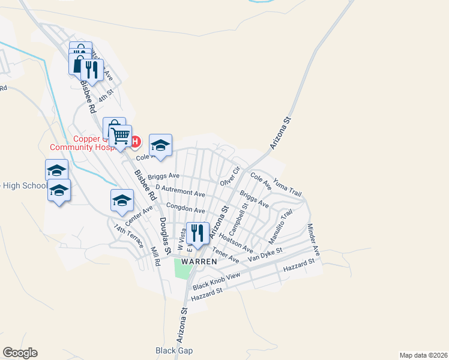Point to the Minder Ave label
(314, 240)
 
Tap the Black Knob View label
(216, 281)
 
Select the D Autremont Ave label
(180, 191)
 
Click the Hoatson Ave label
(236, 242)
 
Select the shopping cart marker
(120, 136)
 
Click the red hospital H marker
(135, 142)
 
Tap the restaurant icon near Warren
(197, 233)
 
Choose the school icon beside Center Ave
(122, 200)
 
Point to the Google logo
(20, 353)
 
